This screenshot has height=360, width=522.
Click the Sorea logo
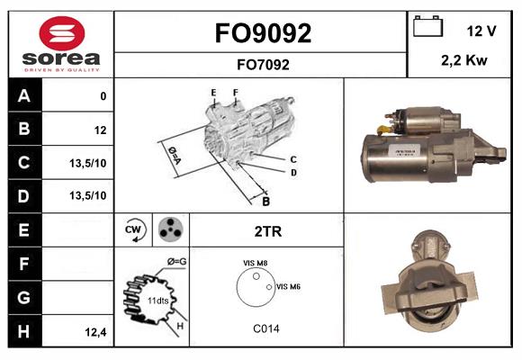(x=61, y=44)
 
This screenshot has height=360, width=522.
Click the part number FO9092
(x=263, y=34)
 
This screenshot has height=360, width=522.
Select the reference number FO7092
(x=263, y=64)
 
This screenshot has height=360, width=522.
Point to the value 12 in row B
(x=100, y=130)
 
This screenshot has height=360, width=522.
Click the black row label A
(x=23, y=96)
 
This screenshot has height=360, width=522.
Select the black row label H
(x=23, y=331)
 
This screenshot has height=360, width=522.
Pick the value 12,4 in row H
(x=95, y=332)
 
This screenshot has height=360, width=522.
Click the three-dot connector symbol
(x=169, y=229)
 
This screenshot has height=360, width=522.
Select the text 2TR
(x=268, y=231)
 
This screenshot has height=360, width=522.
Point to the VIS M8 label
(x=255, y=263)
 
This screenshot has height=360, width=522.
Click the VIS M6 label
(x=288, y=286)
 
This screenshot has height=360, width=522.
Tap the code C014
(x=265, y=328)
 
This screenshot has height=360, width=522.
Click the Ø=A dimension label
(x=175, y=155)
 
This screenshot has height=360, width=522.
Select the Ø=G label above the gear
(x=176, y=262)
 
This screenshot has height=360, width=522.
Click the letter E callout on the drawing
(x=213, y=93)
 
